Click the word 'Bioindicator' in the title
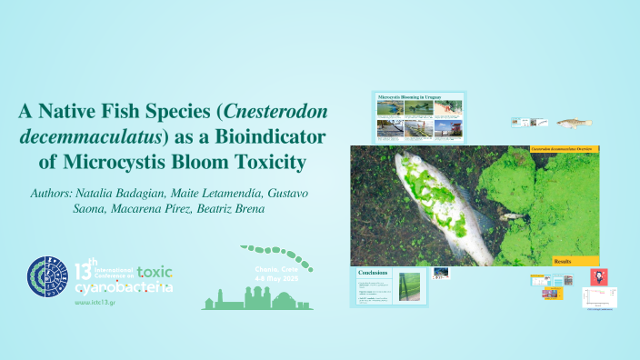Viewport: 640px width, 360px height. click(265, 137)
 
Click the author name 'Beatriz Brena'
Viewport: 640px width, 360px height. click(241, 209)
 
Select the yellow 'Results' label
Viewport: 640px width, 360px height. click(563, 261)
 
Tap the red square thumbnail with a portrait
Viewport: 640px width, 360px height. click(599, 276)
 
